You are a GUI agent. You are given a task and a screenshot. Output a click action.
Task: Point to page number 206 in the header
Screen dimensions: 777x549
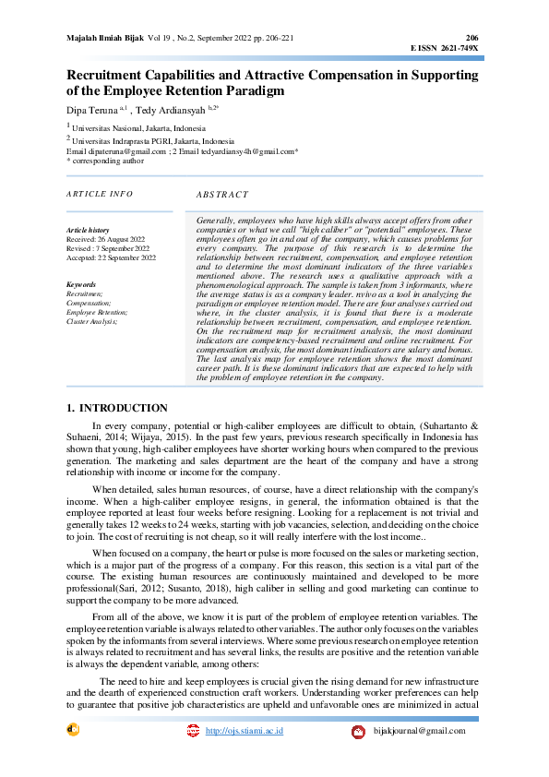472,38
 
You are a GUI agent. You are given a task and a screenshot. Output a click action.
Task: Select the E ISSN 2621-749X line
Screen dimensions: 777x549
445,47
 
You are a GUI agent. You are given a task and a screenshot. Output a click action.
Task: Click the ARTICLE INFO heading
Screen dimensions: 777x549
100,194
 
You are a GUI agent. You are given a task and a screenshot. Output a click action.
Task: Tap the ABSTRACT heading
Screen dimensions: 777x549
222,195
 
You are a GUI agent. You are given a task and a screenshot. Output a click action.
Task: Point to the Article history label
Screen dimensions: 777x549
89,230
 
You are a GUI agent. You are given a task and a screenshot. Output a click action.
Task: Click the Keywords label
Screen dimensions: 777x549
82,284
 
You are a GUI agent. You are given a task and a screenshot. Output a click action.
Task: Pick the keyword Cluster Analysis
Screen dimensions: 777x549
92,321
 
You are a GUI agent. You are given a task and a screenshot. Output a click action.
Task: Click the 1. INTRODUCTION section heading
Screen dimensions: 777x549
118,408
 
